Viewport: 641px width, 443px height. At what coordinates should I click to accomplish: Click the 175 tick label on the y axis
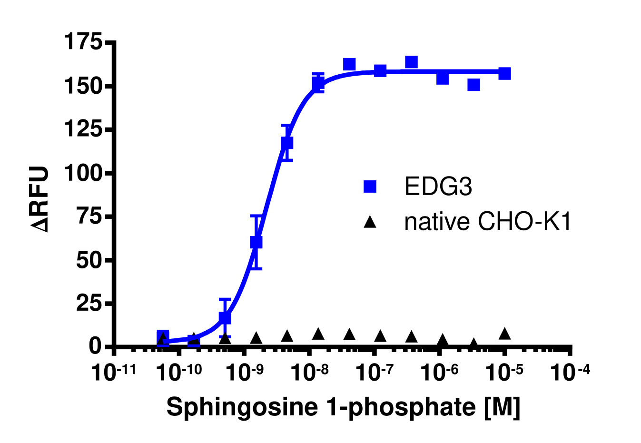pos(83,42)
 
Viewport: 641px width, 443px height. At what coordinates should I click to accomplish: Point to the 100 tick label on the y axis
pos(83,173)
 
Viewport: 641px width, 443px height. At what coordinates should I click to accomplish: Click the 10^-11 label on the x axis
pos(113,372)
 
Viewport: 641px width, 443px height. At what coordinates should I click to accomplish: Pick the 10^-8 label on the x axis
pos(309,372)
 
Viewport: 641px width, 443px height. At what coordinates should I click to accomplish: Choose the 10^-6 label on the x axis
pos(440,372)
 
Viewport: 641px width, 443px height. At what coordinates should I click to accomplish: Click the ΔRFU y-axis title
pos(40,199)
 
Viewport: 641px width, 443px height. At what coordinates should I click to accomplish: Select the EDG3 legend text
pos(438,187)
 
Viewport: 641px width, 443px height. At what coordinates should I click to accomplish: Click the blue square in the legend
pos(370,187)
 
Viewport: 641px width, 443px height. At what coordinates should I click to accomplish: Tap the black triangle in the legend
pos(370,222)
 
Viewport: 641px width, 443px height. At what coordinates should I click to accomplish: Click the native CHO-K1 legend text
pos(488,222)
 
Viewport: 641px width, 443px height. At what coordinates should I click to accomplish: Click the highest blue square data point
pos(411,62)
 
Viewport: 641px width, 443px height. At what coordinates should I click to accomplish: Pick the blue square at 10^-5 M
pos(504,73)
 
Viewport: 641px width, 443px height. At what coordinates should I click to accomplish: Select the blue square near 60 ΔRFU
pos(256,242)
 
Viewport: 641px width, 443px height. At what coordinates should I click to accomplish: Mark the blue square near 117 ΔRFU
pos(287,143)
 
